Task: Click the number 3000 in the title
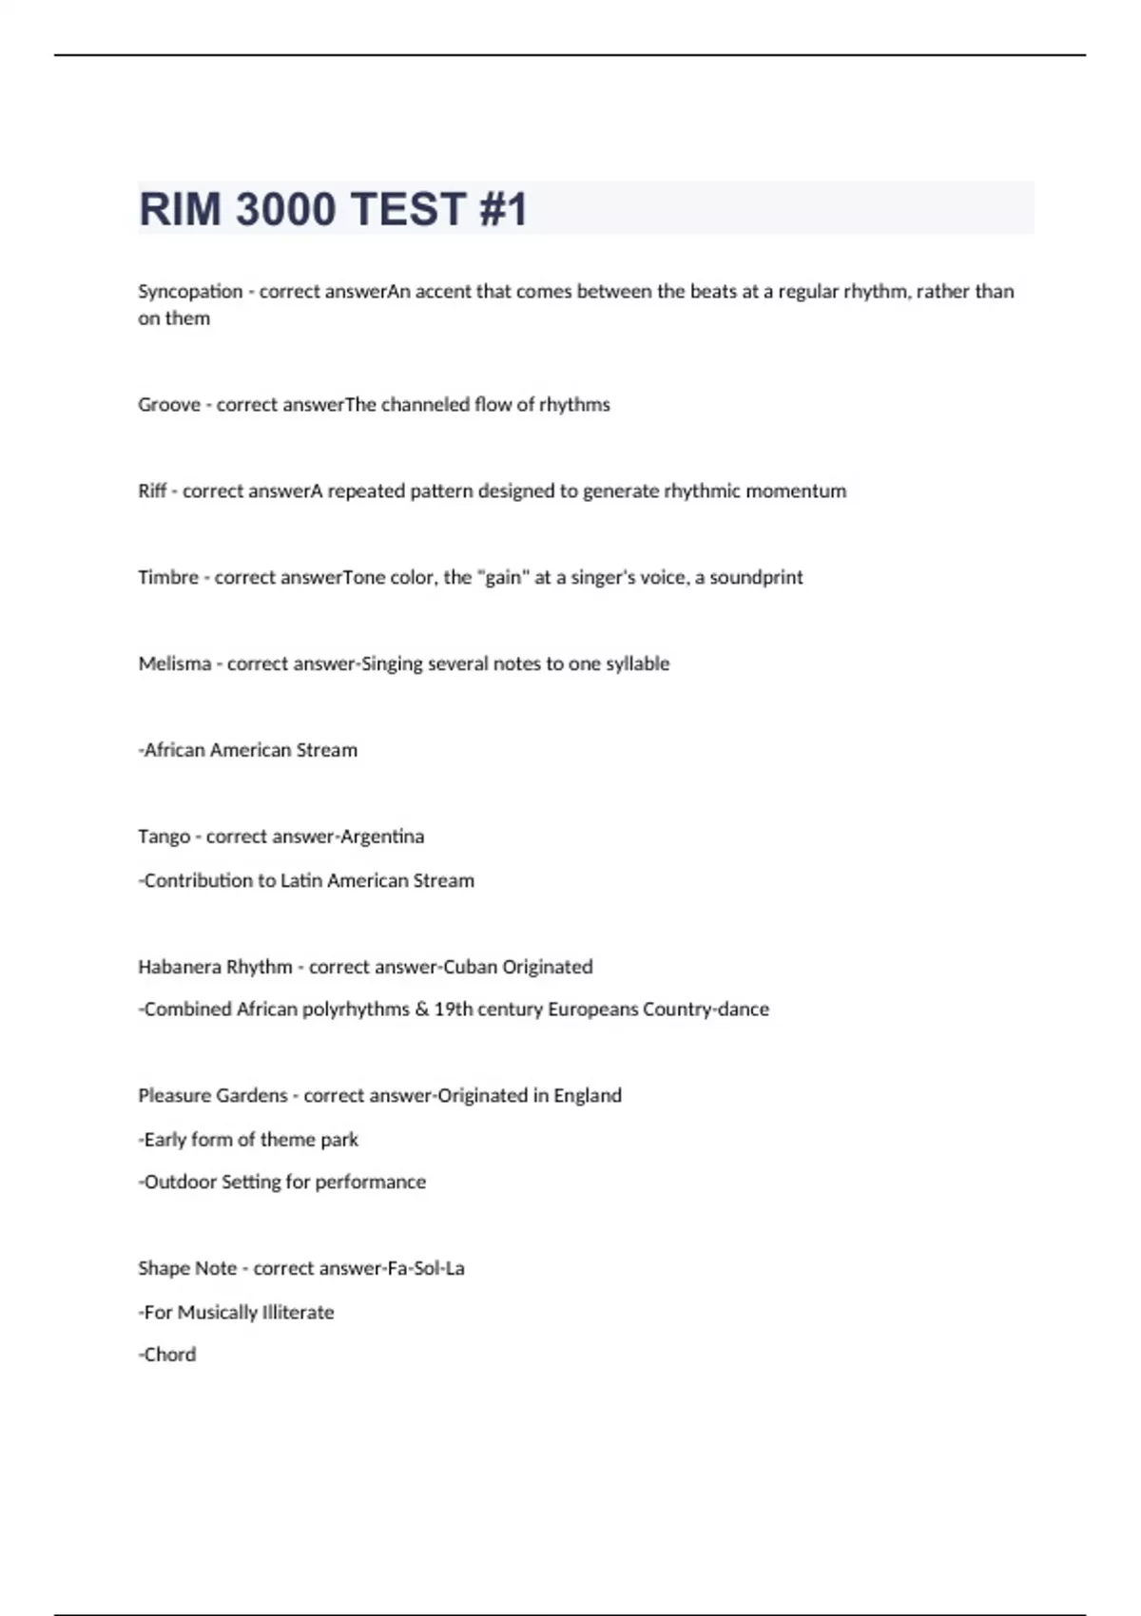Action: [284, 209]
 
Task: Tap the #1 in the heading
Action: [503, 209]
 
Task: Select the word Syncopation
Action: [190, 292]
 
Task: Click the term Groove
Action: [169, 405]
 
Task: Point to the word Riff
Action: [152, 491]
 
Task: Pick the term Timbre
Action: [168, 578]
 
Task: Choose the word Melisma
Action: [175, 664]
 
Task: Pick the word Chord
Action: [170, 1356]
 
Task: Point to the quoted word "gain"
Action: [503, 578]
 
